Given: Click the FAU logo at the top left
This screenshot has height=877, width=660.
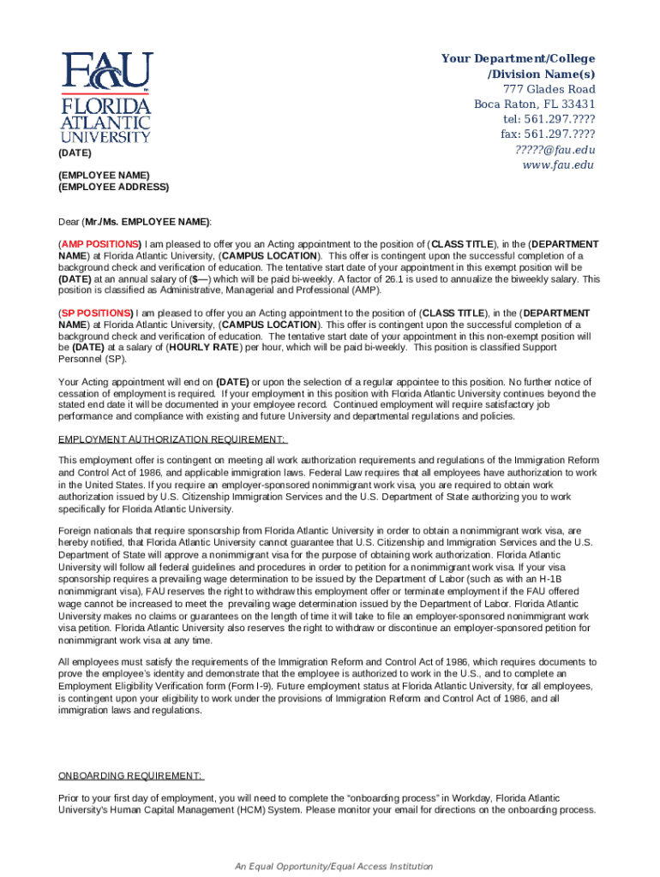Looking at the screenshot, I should pyautogui.click(x=105, y=96).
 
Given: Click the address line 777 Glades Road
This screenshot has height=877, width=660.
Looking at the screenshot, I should pyautogui.click(x=549, y=90).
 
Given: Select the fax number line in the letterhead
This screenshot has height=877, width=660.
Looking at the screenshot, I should pyautogui.click(x=548, y=135).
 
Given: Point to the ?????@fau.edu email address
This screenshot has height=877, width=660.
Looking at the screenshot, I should pyautogui.click(x=555, y=150).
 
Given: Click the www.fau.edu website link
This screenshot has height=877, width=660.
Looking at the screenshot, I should pyautogui.click(x=558, y=165).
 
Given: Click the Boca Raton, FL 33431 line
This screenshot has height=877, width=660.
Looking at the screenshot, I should pyautogui.click(x=535, y=105).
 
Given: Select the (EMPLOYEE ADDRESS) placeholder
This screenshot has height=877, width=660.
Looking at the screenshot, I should pyautogui.click(x=113, y=187).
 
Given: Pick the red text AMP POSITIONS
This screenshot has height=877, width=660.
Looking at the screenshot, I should pyautogui.click(x=101, y=244).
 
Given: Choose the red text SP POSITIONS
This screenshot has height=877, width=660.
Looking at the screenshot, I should pyautogui.click(x=97, y=313).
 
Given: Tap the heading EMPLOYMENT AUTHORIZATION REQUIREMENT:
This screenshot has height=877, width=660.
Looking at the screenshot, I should pyautogui.click(x=172, y=439).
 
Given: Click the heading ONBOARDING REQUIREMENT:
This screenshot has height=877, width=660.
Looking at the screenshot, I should pyautogui.click(x=130, y=776).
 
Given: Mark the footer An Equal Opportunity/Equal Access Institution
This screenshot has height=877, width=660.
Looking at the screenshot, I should pyautogui.click(x=334, y=867).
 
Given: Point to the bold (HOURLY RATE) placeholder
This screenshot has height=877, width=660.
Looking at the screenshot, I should pyautogui.click(x=205, y=349).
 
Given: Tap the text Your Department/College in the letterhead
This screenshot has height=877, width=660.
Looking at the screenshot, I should pyautogui.click(x=518, y=58).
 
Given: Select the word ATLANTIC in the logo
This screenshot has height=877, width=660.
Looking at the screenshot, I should pyautogui.click(x=105, y=122).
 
